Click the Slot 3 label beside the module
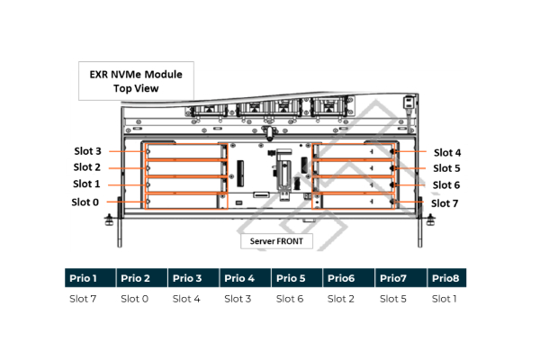[x=87, y=151]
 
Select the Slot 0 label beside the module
[x=85, y=202]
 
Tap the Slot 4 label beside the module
[x=447, y=152]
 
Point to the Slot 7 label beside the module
[x=445, y=203]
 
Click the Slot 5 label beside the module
[x=446, y=168]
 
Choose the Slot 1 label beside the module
[x=86, y=184]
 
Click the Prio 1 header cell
[x=90, y=278]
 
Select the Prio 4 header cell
[x=245, y=278]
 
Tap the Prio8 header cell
[x=447, y=278]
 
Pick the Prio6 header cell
[x=348, y=278]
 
